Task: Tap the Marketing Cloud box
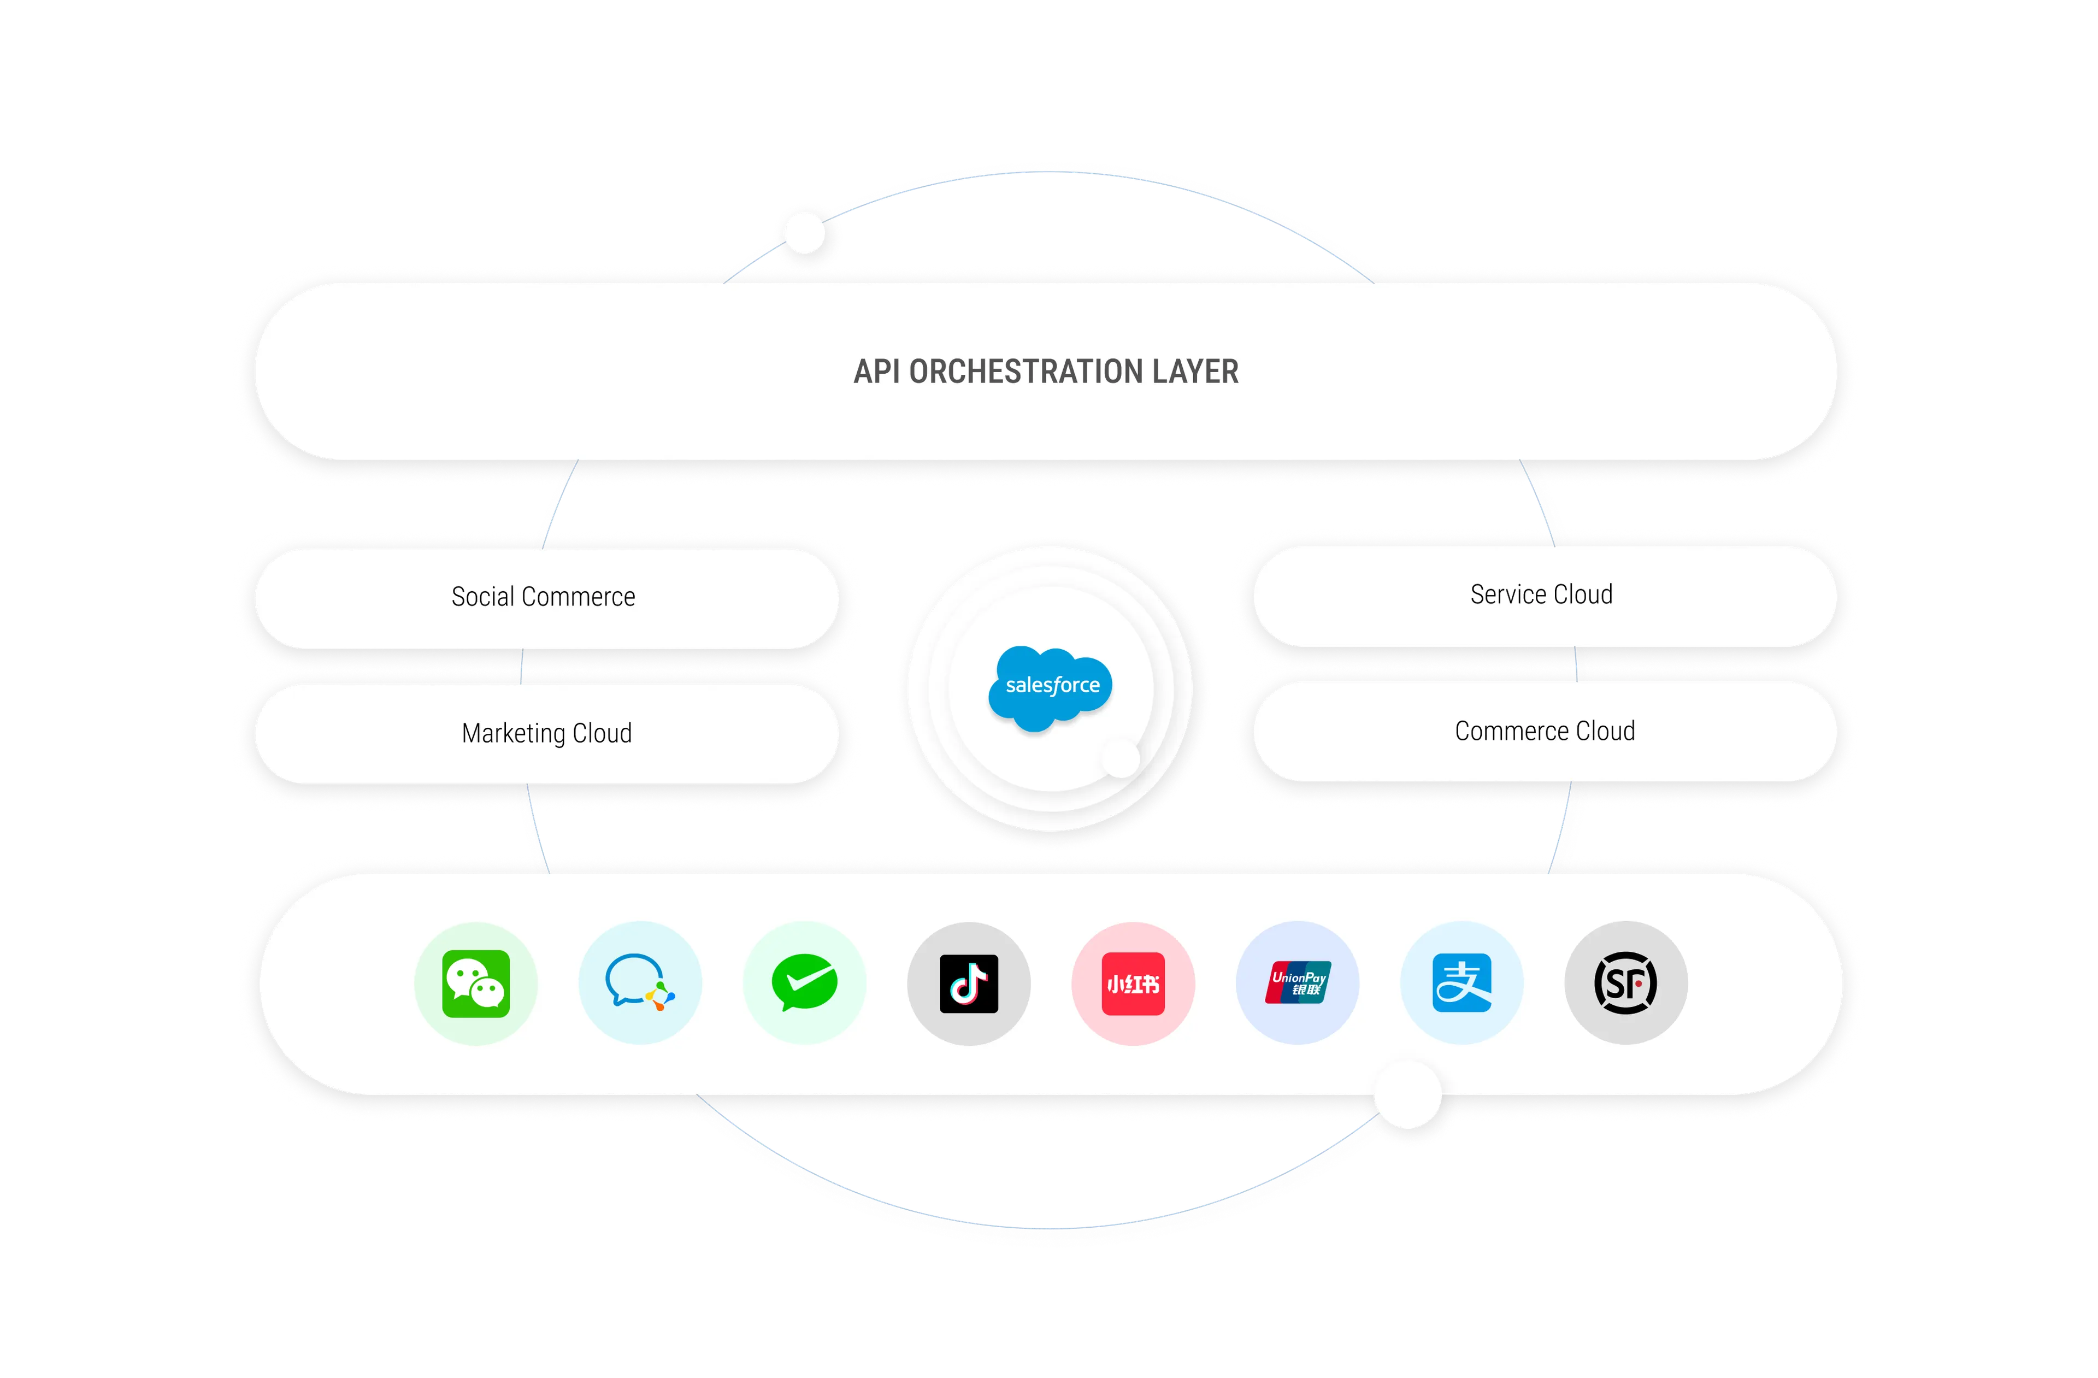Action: pyautogui.click(x=546, y=733)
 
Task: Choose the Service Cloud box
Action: pyautogui.click(x=1543, y=595)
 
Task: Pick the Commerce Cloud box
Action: pyautogui.click(x=1545, y=732)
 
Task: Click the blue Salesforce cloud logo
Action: pyautogui.click(x=1051, y=687)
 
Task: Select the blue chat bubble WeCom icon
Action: pyautogui.click(x=640, y=983)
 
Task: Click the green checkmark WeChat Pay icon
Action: pyautogui.click(x=804, y=983)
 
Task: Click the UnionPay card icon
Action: pyautogui.click(x=1298, y=983)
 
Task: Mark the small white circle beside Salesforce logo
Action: pyautogui.click(x=1121, y=758)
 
